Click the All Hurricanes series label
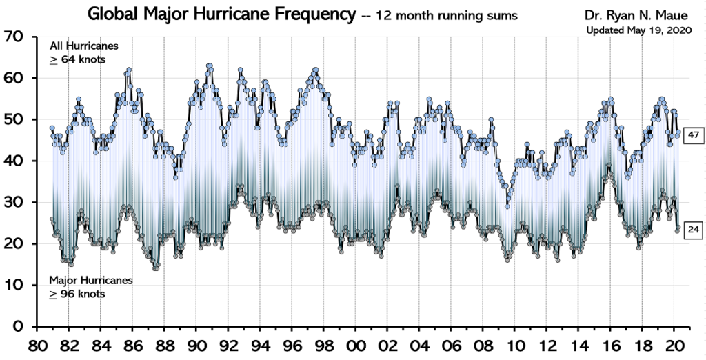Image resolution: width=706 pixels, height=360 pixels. coord(83,46)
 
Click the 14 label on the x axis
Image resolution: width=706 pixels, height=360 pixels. coord(577,344)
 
